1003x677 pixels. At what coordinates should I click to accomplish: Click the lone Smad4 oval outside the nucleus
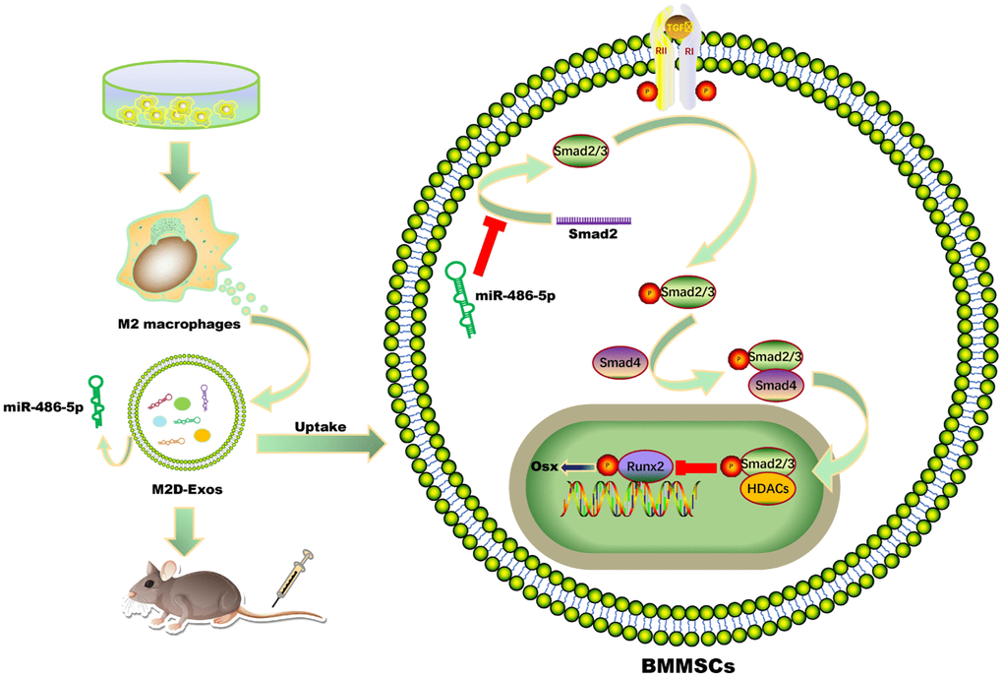coord(617,361)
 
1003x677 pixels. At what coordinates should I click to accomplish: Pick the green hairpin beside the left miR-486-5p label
coord(97,399)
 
